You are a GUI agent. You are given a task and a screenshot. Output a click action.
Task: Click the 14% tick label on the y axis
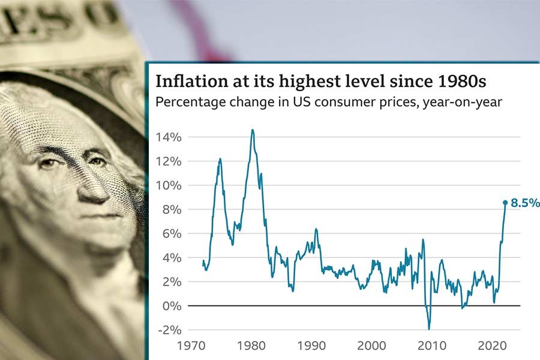point(169,137)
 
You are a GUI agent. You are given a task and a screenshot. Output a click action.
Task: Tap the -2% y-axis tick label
point(169,329)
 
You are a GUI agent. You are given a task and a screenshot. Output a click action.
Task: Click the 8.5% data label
point(525,203)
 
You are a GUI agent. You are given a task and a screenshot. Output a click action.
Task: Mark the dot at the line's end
point(505,203)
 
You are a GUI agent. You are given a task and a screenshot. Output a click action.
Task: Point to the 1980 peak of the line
point(252,130)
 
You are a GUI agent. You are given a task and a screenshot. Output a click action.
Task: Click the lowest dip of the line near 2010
point(429,329)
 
